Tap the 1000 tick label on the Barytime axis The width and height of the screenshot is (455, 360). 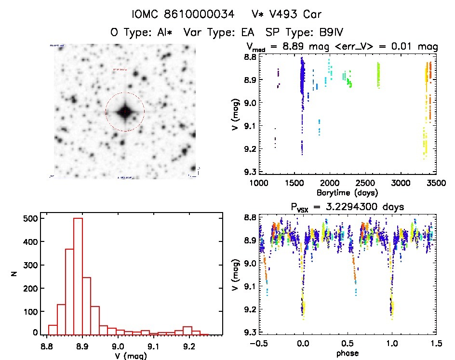259,183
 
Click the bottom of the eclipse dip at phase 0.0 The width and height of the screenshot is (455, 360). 303,311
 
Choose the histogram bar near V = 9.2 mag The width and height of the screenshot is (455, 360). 187,330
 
